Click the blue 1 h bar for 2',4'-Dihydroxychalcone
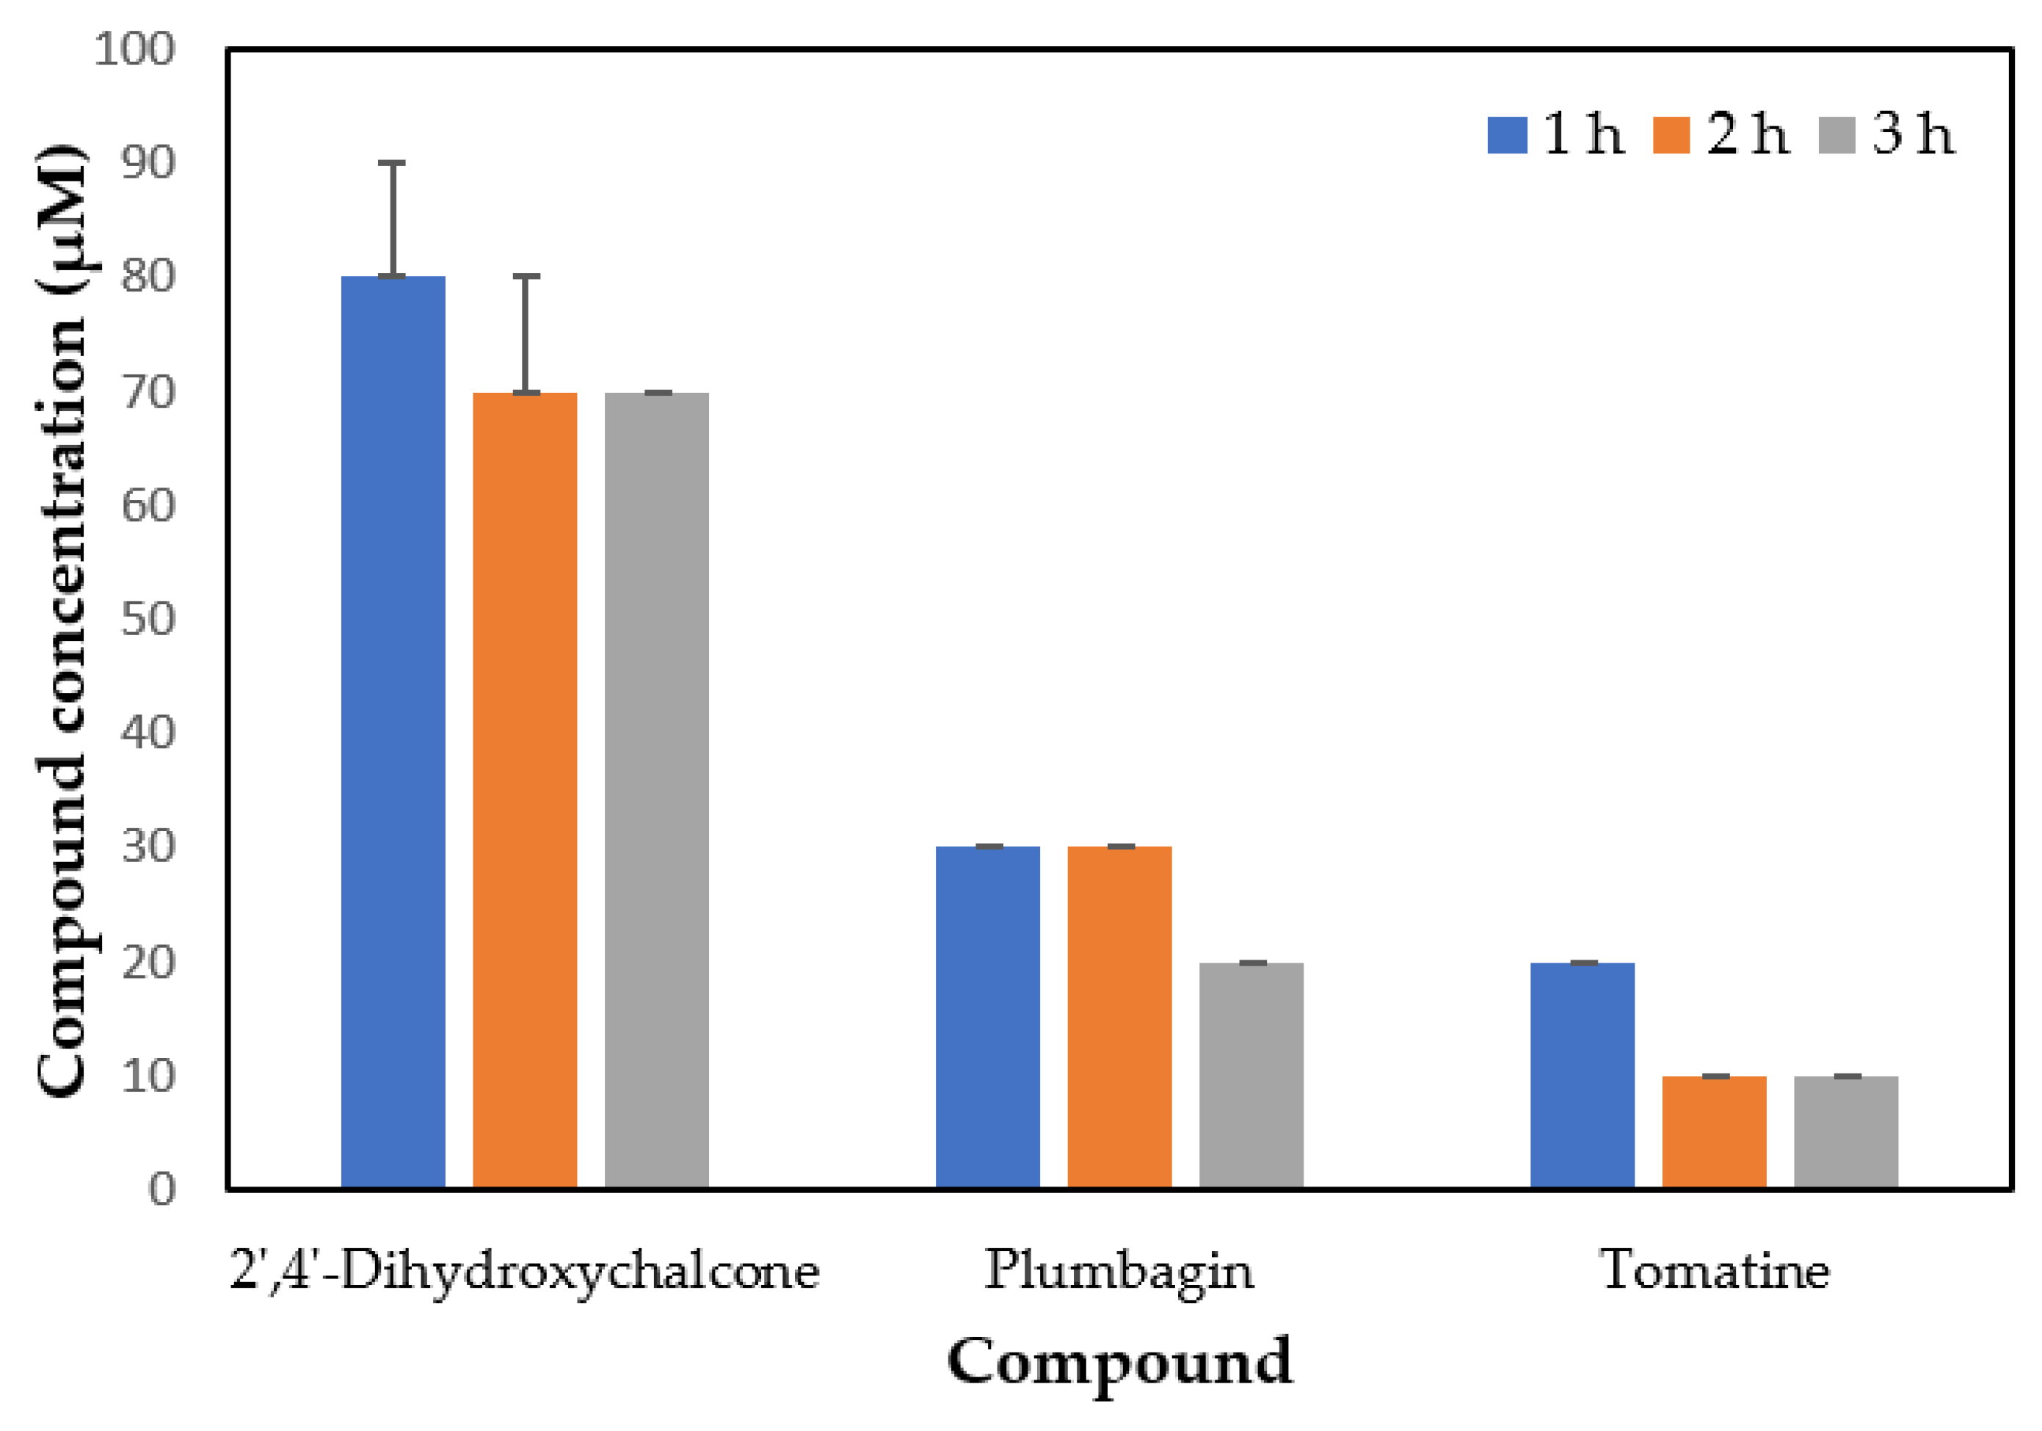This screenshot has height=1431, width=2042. [x=393, y=731]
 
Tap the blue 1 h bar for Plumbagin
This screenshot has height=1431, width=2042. [x=987, y=1017]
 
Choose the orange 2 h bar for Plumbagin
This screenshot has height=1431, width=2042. [x=1119, y=1017]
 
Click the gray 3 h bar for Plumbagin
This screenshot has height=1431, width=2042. [x=1251, y=1074]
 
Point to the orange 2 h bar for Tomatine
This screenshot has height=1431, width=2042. [x=1714, y=1131]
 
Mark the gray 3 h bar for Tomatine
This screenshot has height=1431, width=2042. [x=1845, y=1131]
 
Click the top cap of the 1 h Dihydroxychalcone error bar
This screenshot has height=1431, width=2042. [x=392, y=164]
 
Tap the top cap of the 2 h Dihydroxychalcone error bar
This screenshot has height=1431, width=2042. [x=526, y=277]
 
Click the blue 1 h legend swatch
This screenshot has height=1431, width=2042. [x=1508, y=135]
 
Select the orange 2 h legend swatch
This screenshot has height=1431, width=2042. [x=1671, y=135]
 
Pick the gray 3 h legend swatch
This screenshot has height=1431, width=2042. [x=1836, y=135]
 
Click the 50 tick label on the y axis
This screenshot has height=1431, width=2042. [x=148, y=619]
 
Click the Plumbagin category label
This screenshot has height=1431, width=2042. [x=1119, y=1271]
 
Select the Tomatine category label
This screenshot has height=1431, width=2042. [x=1714, y=1271]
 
